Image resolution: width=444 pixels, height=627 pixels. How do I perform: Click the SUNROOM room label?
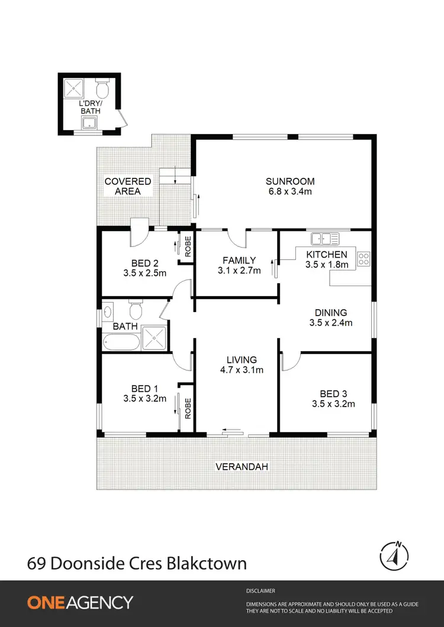click(289, 181)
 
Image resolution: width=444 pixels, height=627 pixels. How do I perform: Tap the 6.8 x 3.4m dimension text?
click(289, 191)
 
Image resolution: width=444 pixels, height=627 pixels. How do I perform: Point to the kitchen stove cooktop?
click(363, 258)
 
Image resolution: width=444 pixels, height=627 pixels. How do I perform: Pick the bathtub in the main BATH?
click(121, 342)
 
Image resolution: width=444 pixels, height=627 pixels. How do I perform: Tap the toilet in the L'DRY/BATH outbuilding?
click(102, 90)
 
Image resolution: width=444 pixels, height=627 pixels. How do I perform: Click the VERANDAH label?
click(242, 466)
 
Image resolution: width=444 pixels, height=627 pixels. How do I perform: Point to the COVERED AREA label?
click(127, 186)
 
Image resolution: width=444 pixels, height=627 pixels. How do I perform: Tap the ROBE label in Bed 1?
click(187, 409)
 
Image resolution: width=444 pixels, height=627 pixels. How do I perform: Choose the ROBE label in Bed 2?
click(187, 246)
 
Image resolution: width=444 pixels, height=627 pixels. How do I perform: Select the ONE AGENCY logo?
click(80, 602)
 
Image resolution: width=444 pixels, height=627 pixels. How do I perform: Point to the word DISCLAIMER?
click(260, 590)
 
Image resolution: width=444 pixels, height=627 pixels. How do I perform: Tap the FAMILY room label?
click(239, 260)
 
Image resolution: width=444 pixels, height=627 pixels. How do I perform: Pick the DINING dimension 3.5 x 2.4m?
click(331, 323)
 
